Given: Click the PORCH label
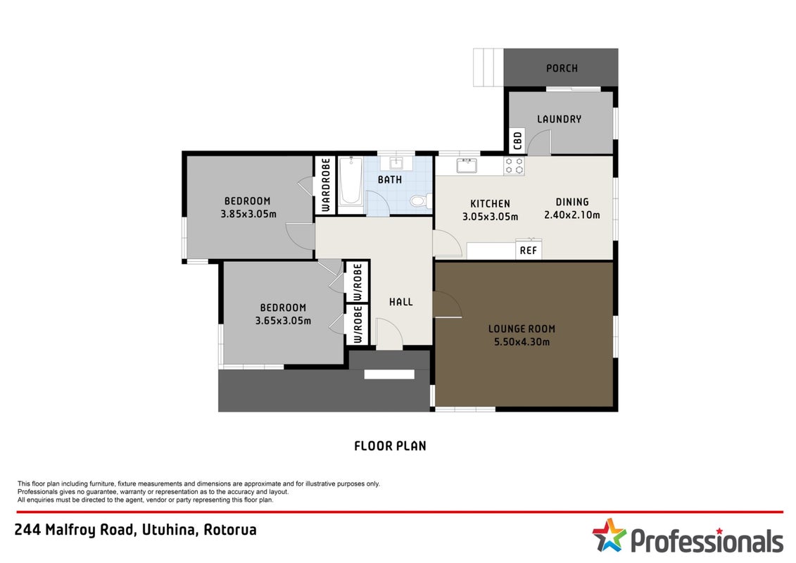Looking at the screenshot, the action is pos(562,68).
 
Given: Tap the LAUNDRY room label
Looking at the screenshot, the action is pos(559,119).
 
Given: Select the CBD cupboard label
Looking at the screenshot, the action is pos(517,141).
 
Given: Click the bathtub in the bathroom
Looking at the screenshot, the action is pos(350,181).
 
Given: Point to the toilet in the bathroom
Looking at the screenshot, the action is pos(419,201).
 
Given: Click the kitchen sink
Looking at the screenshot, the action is pos(467,165).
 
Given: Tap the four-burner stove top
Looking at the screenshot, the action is pos(514,165).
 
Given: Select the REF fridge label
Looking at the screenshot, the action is pos(529,251).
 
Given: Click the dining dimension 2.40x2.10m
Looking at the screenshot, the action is pos(572,215).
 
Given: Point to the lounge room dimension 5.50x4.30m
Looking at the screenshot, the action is pos(522,341).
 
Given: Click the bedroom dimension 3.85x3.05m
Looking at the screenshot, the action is pos(248,214).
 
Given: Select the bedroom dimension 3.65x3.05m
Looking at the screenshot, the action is pos(283,320).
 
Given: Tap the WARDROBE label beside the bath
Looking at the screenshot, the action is pos(326,185).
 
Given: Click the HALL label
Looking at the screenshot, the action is pos(401,302).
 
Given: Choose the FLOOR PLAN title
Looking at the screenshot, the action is pos(390,445).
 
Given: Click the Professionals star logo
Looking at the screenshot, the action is pos(609,535).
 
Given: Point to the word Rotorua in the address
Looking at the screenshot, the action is pos(230,529).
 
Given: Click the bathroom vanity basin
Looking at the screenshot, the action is pos(396,163).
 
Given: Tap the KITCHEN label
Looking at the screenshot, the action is pos(490,203).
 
